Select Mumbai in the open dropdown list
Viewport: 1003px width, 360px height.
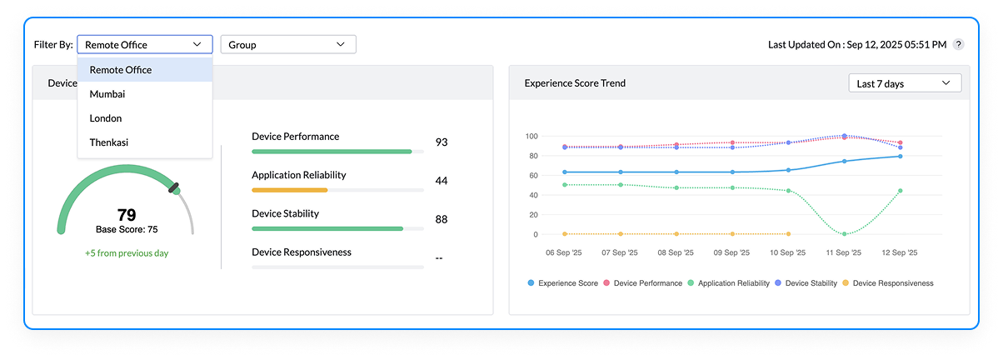(x=107, y=94)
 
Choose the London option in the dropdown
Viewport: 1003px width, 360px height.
(x=106, y=118)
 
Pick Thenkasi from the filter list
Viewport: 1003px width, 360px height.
(x=109, y=142)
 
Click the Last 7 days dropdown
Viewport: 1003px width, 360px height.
(x=904, y=83)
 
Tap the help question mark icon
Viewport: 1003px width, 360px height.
(x=959, y=45)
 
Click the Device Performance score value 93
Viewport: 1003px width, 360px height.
(x=442, y=142)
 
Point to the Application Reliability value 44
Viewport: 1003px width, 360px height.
(x=442, y=181)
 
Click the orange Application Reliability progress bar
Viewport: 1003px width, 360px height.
(x=290, y=190)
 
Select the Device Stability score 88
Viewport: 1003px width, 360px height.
(x=442, y=220)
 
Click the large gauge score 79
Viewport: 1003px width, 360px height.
(x=127, y=215)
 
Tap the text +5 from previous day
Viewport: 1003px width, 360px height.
(x=127, y=252)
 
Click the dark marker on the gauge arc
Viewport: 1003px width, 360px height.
(x=174, y=188)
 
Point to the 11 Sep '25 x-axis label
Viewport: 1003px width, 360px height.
(x=844, y=252)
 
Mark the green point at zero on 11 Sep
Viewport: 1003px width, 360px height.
(x=844, y=234)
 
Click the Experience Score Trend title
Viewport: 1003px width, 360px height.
(x=575, y=83)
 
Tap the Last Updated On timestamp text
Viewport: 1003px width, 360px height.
(x=856, y=45)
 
